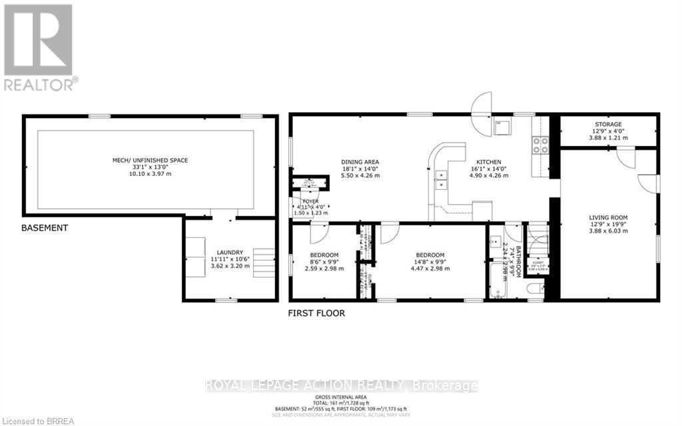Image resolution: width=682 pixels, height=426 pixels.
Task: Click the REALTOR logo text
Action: click(x=40, y=84)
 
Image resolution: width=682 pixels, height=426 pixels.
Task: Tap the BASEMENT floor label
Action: click(x=45, y=228)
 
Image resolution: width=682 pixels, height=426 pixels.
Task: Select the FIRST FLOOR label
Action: click(x=316, y=313)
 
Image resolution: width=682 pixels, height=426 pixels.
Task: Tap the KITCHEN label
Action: click(x=490, y=161)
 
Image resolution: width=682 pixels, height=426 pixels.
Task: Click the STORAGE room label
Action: click(x=607, y=125)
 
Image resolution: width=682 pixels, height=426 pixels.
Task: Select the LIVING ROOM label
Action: click(x=608, y=217)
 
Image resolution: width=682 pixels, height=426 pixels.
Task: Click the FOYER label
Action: click(x=311, y=201)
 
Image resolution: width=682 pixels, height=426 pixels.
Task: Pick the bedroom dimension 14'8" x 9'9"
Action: click(x=430, y=262)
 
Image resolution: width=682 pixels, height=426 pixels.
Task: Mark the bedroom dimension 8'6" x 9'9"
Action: click(x=324, y=262)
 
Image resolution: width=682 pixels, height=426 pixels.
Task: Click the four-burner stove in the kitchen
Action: click(x=539, y=145)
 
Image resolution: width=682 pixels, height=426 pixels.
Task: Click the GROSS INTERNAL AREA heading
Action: click(x=340, y=395)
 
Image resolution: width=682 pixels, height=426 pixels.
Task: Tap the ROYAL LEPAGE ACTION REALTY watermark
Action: click(x=341, y=385)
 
